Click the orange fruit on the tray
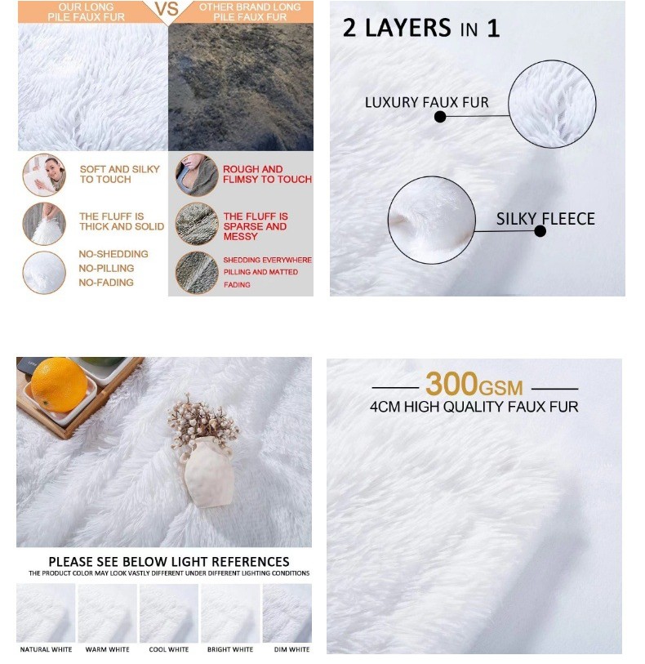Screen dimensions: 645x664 pos(59,385)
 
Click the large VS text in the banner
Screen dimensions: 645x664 pos(167,9)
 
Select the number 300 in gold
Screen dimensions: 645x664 pos(451,384)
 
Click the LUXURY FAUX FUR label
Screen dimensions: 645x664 pos(427,102)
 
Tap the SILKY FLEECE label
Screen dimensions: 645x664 pos(545,219)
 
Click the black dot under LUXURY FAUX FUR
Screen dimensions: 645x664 pos(440,117)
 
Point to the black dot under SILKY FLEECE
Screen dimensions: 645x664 pos(540,231)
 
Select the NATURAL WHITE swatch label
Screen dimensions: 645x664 pos(47,649)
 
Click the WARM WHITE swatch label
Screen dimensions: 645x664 pos(108,649)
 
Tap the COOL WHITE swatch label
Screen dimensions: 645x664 pos(169,649)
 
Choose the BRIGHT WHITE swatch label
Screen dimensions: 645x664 pos(230,649)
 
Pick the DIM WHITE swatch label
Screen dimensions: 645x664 pos(292,649)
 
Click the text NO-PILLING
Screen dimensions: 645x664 pos(106,268)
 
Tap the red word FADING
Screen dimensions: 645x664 pos(237,285)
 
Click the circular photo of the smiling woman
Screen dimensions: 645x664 pos(44,175)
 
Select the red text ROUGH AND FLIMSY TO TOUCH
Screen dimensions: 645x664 pos(267,174)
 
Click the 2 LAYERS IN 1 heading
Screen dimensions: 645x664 pos(421,28)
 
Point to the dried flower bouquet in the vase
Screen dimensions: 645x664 pos(202,419)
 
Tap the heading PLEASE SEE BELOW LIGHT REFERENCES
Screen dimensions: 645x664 pos(169,562)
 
